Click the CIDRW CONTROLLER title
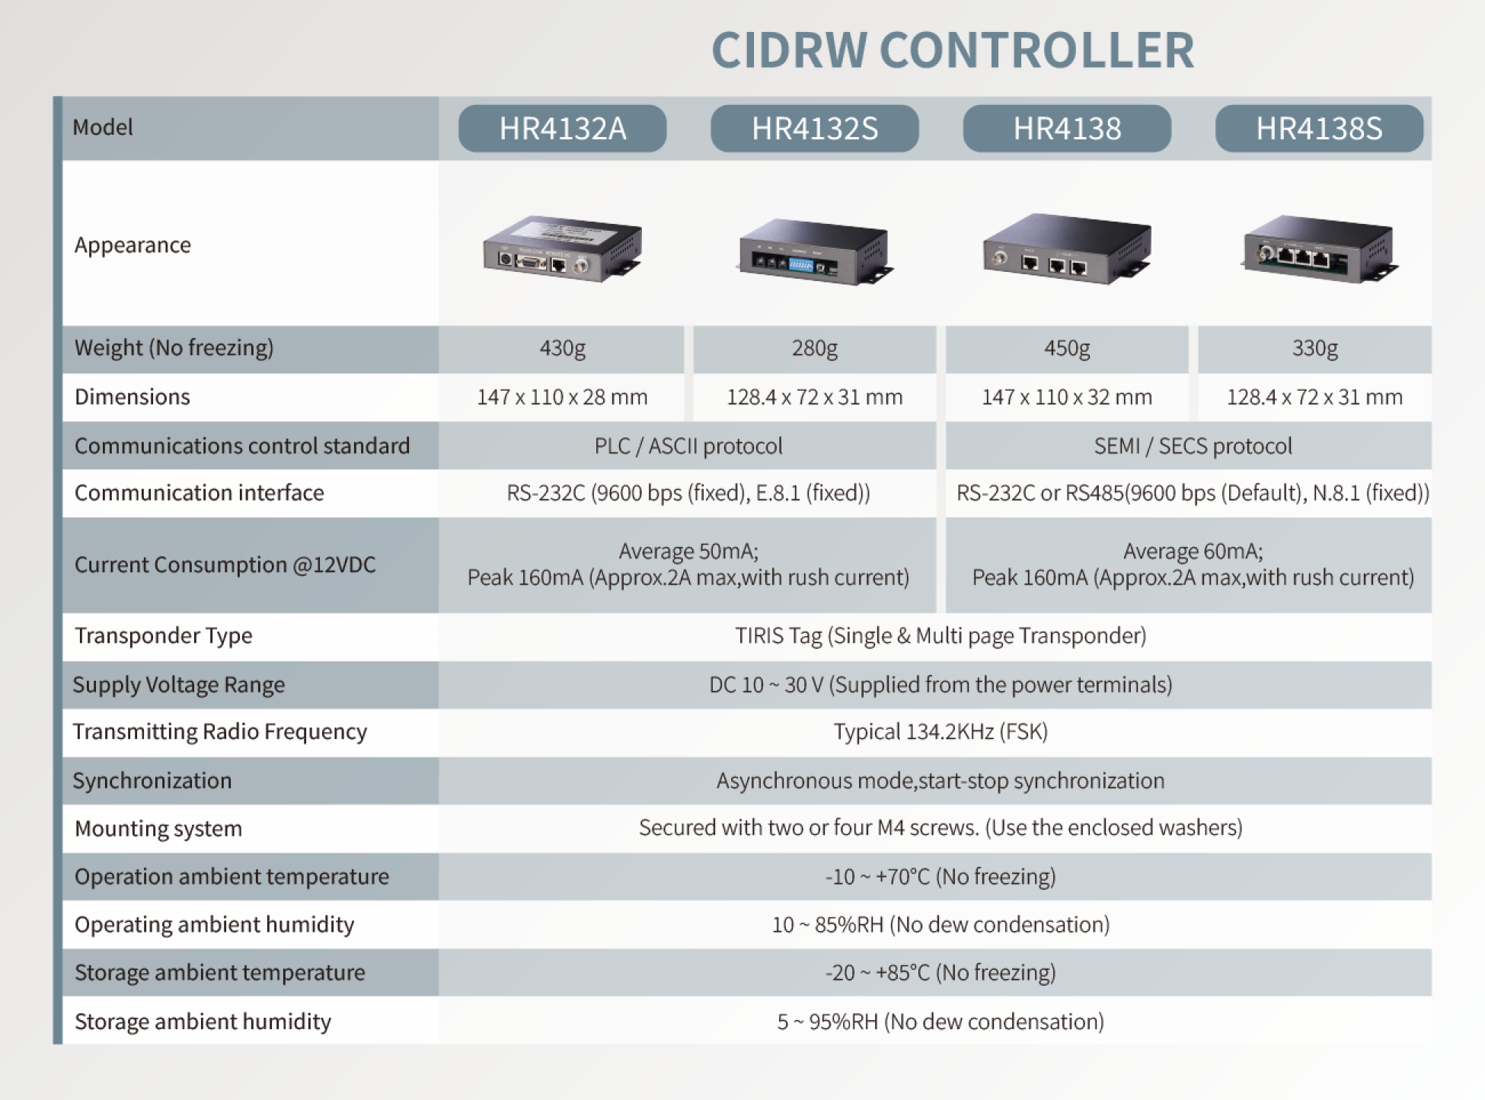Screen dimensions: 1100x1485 pyautogui.click(x=952, y=50)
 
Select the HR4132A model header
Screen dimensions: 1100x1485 pyautogui.click(x=562, y=128)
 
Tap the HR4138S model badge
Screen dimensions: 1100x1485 pyautogui.click(x=1318, y=128)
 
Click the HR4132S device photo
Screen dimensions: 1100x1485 pyautogui.click(x=814, y=251)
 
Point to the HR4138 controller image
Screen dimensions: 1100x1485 pyautogui.click(x=1066, y=248)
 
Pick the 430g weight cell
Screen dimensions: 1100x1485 pyautogui.click(x=562, y=348)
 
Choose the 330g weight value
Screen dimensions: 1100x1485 pyautogui.click(x=1314, y=348)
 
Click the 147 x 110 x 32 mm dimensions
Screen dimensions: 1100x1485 pyautogui.click(x=1066, y=397)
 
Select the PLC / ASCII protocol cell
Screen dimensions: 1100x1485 pyautogui.click(x=688, y=446)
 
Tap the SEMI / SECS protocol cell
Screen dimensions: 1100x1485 pyautogui.click(x=1193, y=446)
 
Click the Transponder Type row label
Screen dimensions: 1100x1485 pyautogui.click(x=163, y=635)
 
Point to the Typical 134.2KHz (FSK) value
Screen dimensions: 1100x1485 pyautogui.click(x=940, y=731)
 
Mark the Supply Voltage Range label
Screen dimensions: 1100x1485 pyautogui.click(x=178, y=684)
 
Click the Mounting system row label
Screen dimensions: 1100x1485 pyautogui.click(x=158, y=828)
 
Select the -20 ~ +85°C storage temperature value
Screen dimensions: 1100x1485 pyautogui.click(x=940, y=972)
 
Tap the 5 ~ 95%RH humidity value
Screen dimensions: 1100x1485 pyautogui.click(x=940, y=1021)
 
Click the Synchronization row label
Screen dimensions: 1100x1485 pyautogui.click(x=152, y=780)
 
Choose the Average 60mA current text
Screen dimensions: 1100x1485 pyautogui.click(x=1193, y=551)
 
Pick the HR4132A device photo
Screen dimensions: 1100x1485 pyautogui.click(x=562, y=249)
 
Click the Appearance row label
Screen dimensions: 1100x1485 pyautogui.click(x=133, y=245)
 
